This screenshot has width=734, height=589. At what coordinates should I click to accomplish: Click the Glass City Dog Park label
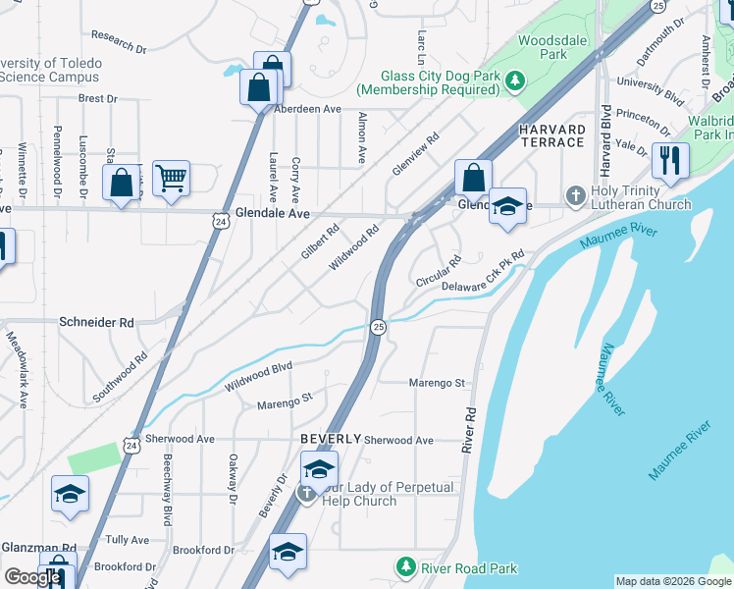click(428, 82)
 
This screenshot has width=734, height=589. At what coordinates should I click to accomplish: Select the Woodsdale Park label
click(543, 47)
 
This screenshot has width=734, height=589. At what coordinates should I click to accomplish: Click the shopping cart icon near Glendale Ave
click(171, 179)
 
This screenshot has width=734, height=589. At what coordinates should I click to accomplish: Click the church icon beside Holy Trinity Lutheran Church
click(576, 195)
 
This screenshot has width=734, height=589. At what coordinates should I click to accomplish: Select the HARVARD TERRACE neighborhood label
click(551, 135)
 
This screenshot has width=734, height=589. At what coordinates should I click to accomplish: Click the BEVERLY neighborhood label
click(331, 438)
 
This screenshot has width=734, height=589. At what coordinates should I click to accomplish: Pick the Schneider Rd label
click(96, 322)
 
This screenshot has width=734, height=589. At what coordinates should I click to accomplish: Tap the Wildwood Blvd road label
click(259, 376)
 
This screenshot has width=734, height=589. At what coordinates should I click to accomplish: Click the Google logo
click(31, 577)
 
